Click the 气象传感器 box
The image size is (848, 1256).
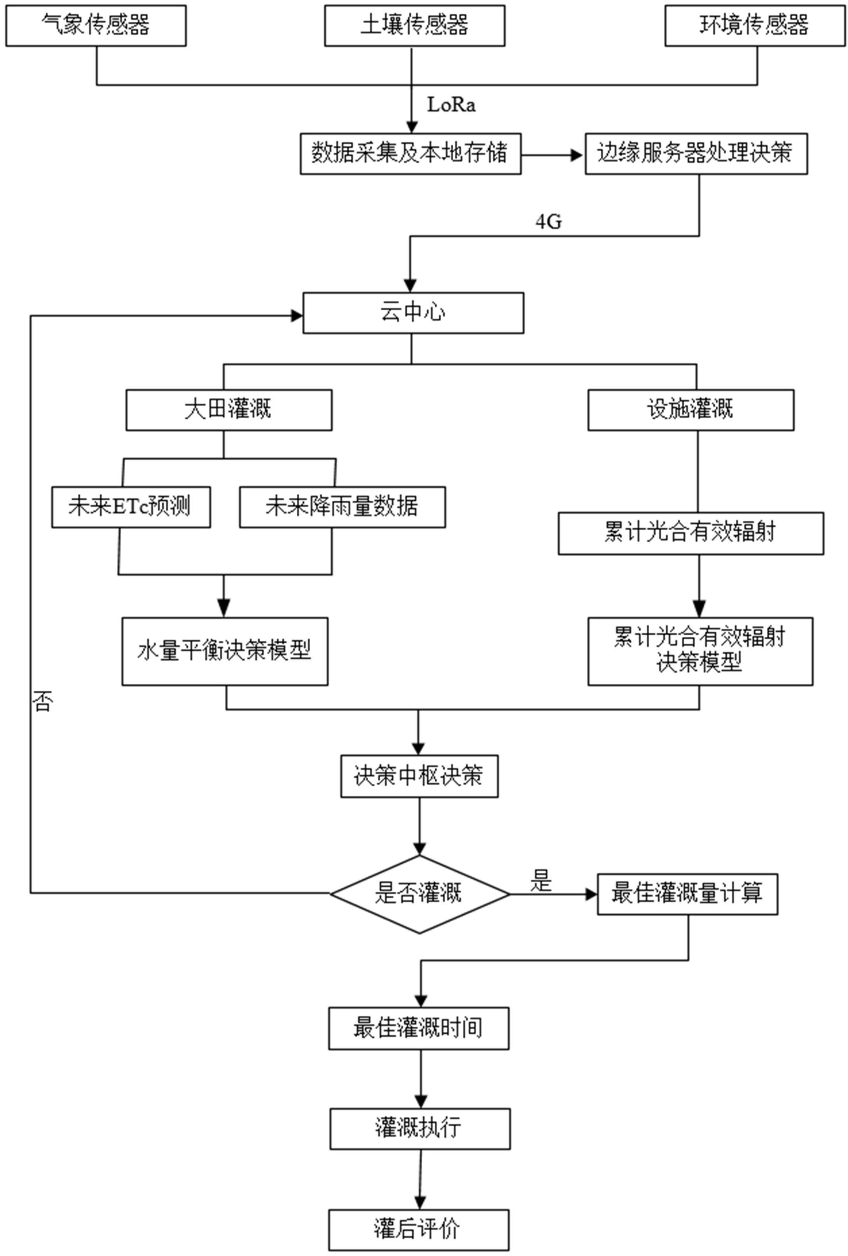[x=96, y=25]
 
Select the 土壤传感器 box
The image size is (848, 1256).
[x=414, y=25]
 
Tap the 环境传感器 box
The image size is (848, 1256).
[x=755, y=25]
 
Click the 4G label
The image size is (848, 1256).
[x=549, y=221]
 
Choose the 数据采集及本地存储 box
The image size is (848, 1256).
[x=410, y=154]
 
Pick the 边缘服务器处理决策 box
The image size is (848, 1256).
[x=696, y=154]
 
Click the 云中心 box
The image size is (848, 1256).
[x=413, y=313]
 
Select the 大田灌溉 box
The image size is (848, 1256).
[x=229, y=410]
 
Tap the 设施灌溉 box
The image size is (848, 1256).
[x=691, y=410]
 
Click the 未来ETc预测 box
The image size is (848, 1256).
[x=131, y=507]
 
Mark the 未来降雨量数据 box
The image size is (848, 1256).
[x=342, y=507]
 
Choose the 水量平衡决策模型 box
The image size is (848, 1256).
[x=224, y=651]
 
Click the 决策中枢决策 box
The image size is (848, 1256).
[x=419, y=776]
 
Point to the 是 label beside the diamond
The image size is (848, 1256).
[x=541, y=881]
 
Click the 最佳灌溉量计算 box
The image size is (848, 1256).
[x=687, y=894]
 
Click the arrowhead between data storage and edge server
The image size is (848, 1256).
[x=577, y=155]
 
